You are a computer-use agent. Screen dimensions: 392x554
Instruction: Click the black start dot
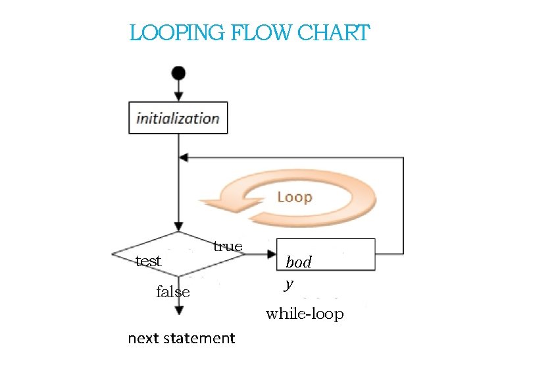[178, 72]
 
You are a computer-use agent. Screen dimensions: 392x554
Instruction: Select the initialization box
[178, 118]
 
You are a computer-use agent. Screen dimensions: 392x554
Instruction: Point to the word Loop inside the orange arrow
[294, 197]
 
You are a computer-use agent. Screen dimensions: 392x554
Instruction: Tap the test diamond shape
[178, 254]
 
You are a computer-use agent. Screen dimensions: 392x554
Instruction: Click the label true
[228, 246]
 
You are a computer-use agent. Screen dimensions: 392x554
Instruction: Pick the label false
[173, 292]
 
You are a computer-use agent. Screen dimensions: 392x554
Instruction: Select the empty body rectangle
[326, 254]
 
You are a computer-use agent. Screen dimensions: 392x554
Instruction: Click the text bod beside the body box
[298, 262]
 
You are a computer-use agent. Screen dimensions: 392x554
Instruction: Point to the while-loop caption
[304, 314]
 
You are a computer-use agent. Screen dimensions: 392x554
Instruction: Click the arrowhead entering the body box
[271, 254]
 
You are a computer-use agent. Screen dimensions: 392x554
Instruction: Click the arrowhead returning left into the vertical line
[184, 157]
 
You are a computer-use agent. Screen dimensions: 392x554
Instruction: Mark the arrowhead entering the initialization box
[178, 97]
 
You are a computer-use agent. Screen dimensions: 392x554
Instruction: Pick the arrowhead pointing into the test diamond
[178, 227]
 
